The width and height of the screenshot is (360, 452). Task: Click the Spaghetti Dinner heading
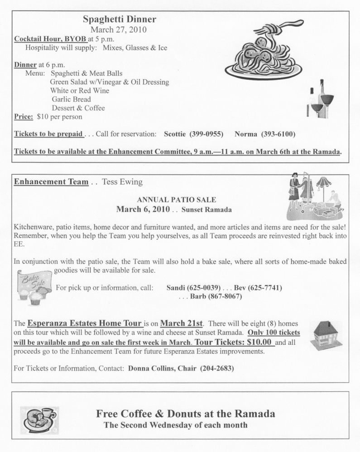click(120, 19)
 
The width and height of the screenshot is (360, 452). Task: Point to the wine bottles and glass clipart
click(321, 99)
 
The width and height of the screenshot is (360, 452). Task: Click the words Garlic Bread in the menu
click(71, 99)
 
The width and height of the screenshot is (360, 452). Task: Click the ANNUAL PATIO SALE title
click(177, 200)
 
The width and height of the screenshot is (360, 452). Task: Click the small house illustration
click(326, 335)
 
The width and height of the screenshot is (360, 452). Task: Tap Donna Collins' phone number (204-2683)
click(217, 368)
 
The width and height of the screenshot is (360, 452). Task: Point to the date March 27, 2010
click(120, 30)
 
